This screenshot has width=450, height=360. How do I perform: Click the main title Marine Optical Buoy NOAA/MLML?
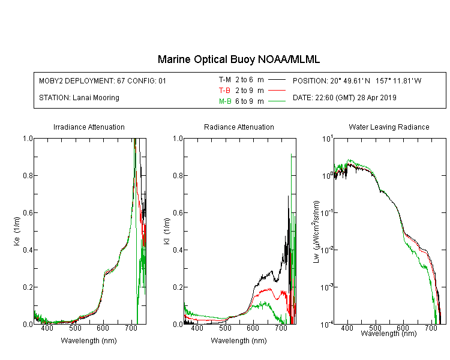(238, 59)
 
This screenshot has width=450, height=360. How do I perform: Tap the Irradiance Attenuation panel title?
(89, 127)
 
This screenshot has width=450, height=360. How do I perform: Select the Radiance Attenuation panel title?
(239, 127)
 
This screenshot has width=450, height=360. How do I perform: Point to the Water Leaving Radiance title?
(389, 127)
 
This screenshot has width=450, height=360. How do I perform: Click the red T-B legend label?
(224, 91)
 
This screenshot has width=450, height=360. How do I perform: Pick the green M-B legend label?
(225, 101)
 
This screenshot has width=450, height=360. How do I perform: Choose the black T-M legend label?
(225, 80)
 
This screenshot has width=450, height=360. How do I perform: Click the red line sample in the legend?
(277, 91)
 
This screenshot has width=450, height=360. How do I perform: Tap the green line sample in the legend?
(277, 101)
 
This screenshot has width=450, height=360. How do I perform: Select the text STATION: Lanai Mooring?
(79, 98)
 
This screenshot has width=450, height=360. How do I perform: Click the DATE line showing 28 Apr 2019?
(344, 98)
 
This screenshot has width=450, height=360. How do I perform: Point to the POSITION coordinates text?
(357, 80)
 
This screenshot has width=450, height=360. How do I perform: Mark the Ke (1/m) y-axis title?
(17, 231)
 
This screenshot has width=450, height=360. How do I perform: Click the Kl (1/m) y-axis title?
(167, 231)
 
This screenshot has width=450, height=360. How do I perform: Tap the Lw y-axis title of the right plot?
(316, 232)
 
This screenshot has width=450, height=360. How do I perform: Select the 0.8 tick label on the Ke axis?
(28, 175)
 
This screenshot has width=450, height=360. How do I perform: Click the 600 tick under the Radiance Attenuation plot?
(253, 328)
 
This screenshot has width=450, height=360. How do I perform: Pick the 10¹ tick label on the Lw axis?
(328, 139)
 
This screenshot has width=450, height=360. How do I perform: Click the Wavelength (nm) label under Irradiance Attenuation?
(89, 341)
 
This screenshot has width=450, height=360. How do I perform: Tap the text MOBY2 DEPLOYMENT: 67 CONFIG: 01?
(103, 80)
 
